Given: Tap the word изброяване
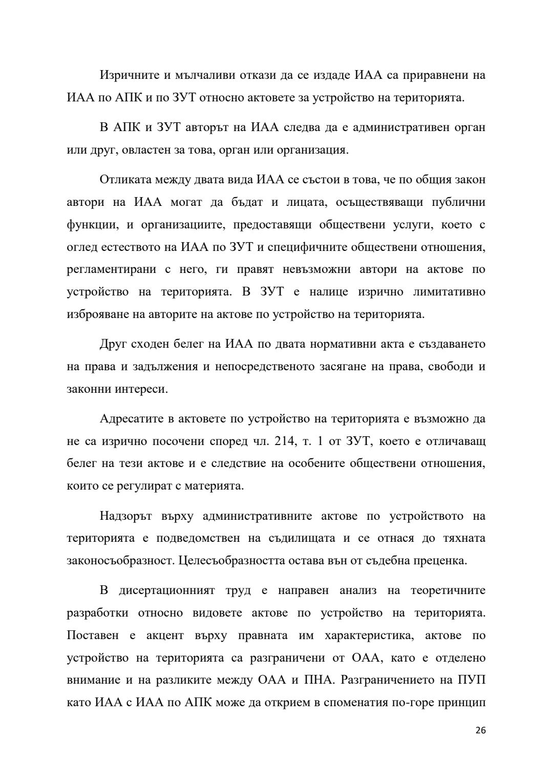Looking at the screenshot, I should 97,314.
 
